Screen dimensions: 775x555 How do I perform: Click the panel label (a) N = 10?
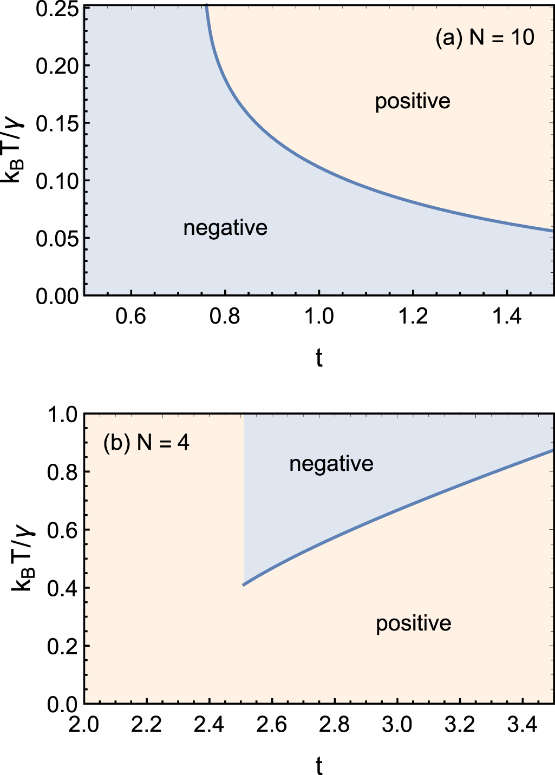pyautogui.click(x=485, y=37)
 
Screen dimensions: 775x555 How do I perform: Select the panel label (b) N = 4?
pyautogui.click(x=146, y=443)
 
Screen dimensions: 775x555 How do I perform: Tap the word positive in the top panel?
pyautogui.click(x=413, y=101)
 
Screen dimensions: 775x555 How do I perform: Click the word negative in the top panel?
pyautogui.click(x=225, y=228)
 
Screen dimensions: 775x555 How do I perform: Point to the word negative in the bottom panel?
pyautogui.click(x=331, y=464)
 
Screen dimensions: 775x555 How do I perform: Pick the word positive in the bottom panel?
pyautogui.click(x=414, y=623)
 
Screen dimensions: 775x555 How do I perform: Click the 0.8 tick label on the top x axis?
pyautogui.click(x=225, y=316)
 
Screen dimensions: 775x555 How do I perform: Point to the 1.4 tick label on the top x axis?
pyautogui.click(x=506, y=316)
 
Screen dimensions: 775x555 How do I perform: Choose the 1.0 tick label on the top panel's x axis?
pyautogui.click(x=319, y=316)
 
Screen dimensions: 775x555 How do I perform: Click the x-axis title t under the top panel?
pyautogui.click(x=319, y=358)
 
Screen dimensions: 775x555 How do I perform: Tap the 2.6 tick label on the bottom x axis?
pyautogui.click(x=272, y=725)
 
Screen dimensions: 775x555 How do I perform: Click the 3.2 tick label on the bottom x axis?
pyautogui.click(x=460, y=725)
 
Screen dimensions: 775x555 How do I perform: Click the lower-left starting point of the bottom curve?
pyautogui.click(x=244, y=585)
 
